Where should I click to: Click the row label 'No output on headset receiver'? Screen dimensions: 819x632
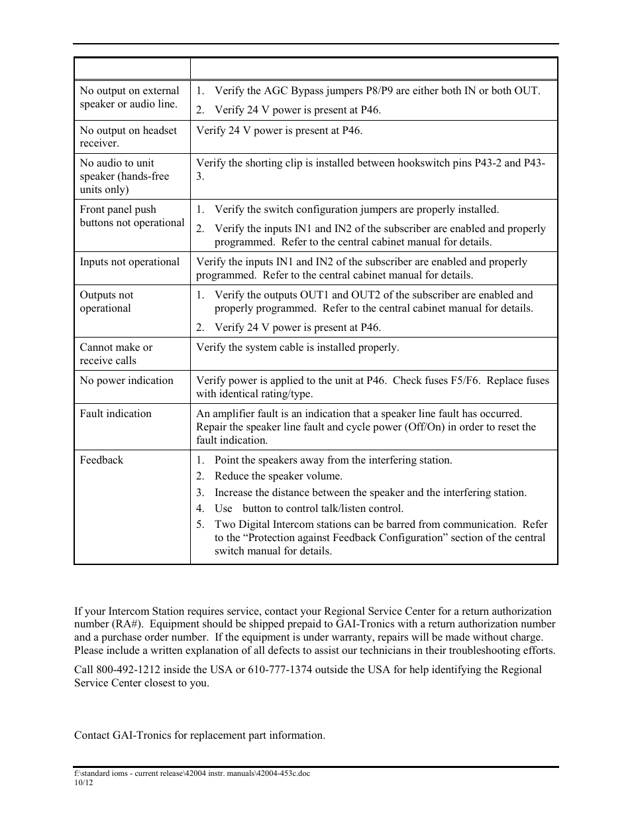coord(129,137)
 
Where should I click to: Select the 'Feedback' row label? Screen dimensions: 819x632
coord(101,460)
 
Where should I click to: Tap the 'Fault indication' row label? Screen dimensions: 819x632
coord(115,413)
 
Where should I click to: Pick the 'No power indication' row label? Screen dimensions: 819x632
coord(127,380)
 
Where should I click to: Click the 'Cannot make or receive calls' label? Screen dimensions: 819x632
coord(116,353)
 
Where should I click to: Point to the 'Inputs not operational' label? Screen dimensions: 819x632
coord(129,261)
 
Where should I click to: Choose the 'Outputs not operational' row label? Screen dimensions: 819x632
coord(106,301)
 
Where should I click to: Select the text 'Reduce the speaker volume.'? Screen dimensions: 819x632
coord(278,475)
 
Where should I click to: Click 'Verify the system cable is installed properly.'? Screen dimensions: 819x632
coord(297,347)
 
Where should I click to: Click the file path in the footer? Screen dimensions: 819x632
coord(191,773)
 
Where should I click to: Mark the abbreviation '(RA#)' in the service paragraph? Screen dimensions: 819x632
coord(127,623)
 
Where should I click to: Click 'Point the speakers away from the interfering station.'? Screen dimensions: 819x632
coord(333,460)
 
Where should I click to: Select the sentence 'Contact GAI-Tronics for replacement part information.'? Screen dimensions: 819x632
coord(199,735)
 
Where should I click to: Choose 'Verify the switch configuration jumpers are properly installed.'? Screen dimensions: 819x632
coord(356,209)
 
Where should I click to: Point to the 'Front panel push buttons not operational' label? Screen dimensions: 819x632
coord(132,216)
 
